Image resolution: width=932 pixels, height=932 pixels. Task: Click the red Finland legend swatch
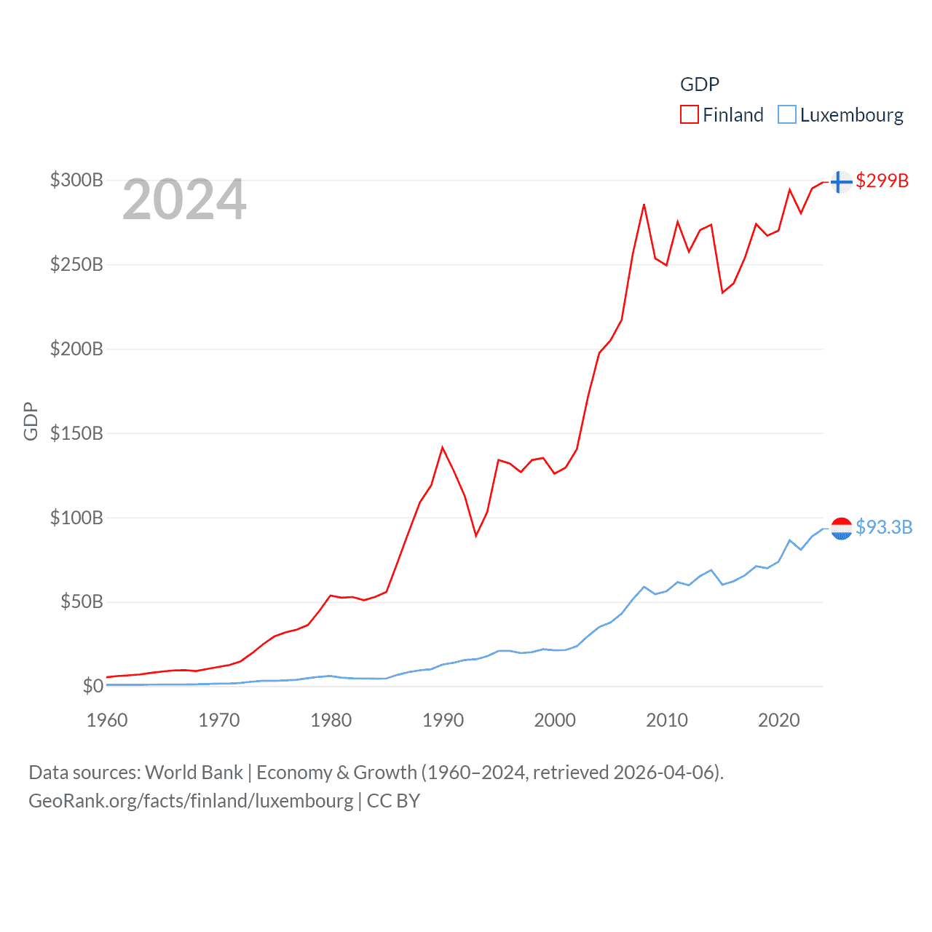(689, 115)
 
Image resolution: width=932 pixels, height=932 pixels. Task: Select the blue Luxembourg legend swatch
(786, 115)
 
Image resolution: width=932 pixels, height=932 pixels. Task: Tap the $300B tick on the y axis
(76, 180)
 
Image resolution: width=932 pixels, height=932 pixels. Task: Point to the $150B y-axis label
(76, 433)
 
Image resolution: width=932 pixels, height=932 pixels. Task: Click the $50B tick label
(82, 601)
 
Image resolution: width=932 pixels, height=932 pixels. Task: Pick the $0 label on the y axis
(92, 686)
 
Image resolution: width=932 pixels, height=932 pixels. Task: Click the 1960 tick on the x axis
(107, 720)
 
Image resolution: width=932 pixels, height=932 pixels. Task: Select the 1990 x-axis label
(443, 720)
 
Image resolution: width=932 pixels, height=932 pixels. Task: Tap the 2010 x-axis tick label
(667, 720)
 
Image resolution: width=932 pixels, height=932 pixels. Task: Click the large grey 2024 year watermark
(184, 200)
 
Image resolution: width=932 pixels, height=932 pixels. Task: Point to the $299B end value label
(882, 181)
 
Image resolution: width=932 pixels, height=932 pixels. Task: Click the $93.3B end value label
(884, 527)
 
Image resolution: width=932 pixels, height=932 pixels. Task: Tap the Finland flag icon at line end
(841, 181)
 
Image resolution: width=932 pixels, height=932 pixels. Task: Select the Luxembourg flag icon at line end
(841, 528)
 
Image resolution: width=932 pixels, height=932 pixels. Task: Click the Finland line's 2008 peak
(644, 205)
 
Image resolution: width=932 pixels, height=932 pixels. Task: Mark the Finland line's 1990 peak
(443, 447)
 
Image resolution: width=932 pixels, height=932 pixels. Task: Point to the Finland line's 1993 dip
(476, 536)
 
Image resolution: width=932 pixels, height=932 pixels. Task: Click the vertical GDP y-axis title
(31, 421)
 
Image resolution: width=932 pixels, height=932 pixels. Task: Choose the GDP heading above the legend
(700, 84)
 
